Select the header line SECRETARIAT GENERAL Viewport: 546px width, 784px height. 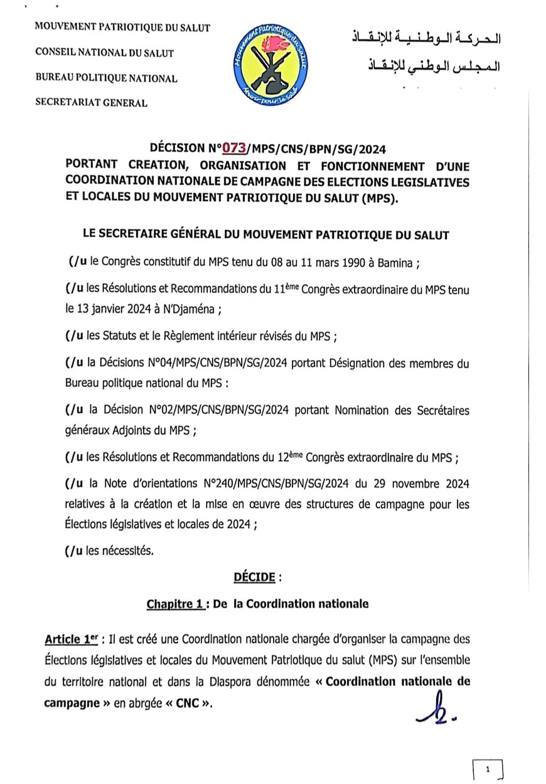tap(92, 103)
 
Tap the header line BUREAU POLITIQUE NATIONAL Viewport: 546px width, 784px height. tap(106, 79)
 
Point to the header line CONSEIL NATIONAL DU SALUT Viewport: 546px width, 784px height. tap(104, 53)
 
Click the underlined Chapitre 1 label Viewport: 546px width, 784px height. tap(174, 604)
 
